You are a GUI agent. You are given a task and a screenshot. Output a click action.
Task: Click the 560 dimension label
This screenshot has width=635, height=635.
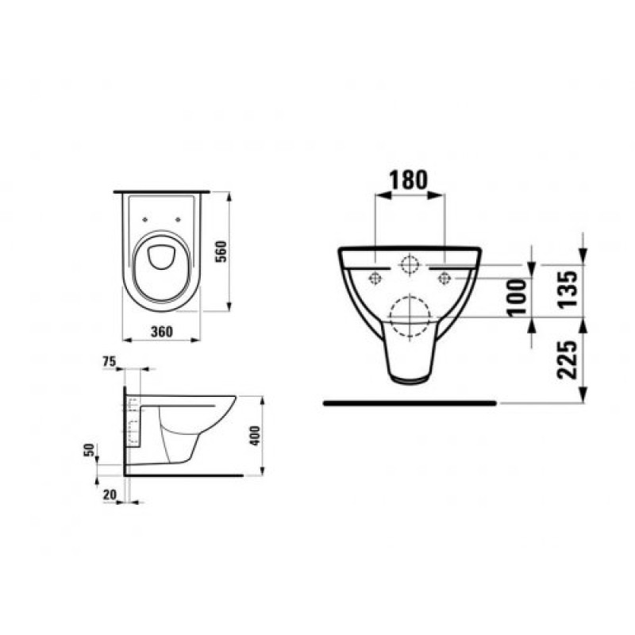pos(223,252)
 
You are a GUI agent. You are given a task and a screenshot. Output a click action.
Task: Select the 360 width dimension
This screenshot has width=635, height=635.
pos(161,332)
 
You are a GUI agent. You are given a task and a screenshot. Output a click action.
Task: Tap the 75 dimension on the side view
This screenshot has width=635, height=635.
pos(110,362)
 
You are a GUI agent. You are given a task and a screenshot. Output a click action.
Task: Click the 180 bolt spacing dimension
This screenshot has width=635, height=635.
pos(408,179)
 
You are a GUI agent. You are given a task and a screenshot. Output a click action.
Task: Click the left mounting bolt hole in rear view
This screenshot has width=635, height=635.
pos(374,277)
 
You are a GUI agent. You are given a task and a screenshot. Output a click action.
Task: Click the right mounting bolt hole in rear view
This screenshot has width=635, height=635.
pos(444,277)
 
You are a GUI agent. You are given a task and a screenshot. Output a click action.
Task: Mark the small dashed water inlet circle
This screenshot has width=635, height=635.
pos(409,264)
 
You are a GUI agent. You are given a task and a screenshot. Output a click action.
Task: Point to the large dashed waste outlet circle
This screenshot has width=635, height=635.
pos(410,317)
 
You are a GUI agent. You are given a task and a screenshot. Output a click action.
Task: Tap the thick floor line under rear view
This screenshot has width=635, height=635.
pos(410,403)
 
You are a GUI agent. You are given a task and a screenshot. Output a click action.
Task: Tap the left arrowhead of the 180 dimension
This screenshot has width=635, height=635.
pos(376,193)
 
